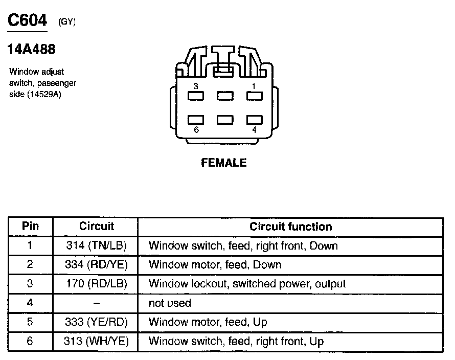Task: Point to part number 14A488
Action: [31, 49]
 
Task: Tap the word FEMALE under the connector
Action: [224, 163]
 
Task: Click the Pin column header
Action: [30, 227]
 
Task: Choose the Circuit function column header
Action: [290, 227]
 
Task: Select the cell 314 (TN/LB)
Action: [96, 245]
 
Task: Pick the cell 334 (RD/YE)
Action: [96, 265]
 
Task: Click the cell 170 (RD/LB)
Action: [96, 284]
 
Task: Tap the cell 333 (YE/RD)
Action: [96, 322]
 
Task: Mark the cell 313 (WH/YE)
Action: [96, 341]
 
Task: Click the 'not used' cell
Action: [170, 303]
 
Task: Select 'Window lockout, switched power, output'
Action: [247, 284]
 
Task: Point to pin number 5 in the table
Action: [30, 322]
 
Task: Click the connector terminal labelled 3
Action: [196, 96]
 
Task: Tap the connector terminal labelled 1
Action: [254, 96]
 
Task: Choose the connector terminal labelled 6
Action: [196, 120]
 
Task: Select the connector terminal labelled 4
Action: [254, 120]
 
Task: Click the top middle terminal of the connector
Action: [225, 96]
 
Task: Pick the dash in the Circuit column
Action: [96, 303]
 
